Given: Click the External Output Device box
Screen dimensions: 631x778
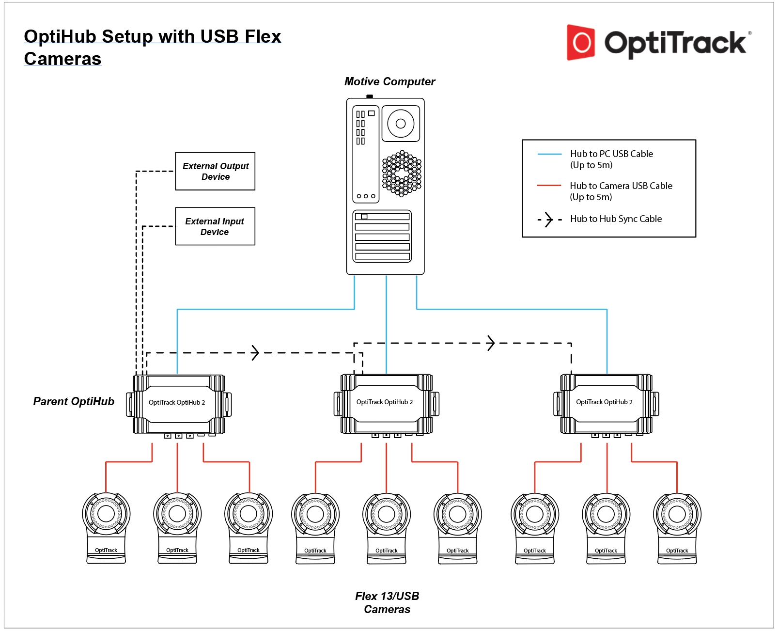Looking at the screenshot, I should (x=215, y=172).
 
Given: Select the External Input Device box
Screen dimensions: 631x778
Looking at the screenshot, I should (x=215, y=226).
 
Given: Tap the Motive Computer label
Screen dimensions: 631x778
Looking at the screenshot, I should (x=389, y=81).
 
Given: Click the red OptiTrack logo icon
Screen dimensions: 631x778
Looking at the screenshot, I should (x=581, y=43).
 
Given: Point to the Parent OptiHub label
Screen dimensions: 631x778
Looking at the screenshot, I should (x=74, y=401).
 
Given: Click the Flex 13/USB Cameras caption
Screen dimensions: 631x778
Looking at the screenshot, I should (x=387, y=602).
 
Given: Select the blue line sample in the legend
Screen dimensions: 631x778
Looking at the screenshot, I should (x=549, y=154).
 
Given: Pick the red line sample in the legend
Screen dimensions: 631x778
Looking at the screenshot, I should (x=549, y=186).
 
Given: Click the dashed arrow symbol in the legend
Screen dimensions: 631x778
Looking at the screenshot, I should (x=549, y=220).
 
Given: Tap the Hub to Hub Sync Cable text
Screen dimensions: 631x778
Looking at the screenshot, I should (x=616, y=219).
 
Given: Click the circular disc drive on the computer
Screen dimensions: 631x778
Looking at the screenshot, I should (x=401, y=124).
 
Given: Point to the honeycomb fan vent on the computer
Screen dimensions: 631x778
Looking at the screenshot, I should (x=402, y=174).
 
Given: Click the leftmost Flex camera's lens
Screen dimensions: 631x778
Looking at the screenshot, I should (x=106, y=514).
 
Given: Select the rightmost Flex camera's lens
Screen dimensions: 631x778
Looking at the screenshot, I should (x=677, y=514).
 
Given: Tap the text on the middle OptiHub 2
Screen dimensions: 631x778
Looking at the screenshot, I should (x=385, y=402).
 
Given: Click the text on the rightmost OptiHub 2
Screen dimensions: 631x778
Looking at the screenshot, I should (x=604, y=402).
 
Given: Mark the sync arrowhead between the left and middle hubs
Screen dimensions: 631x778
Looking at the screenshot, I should (x=255, y=353).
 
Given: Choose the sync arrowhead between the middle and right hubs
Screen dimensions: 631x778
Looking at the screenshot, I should (x=491, y=343).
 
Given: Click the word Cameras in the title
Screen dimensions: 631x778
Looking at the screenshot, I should (x=62, y=59).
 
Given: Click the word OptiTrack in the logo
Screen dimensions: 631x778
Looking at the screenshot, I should (x=675, y=43).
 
